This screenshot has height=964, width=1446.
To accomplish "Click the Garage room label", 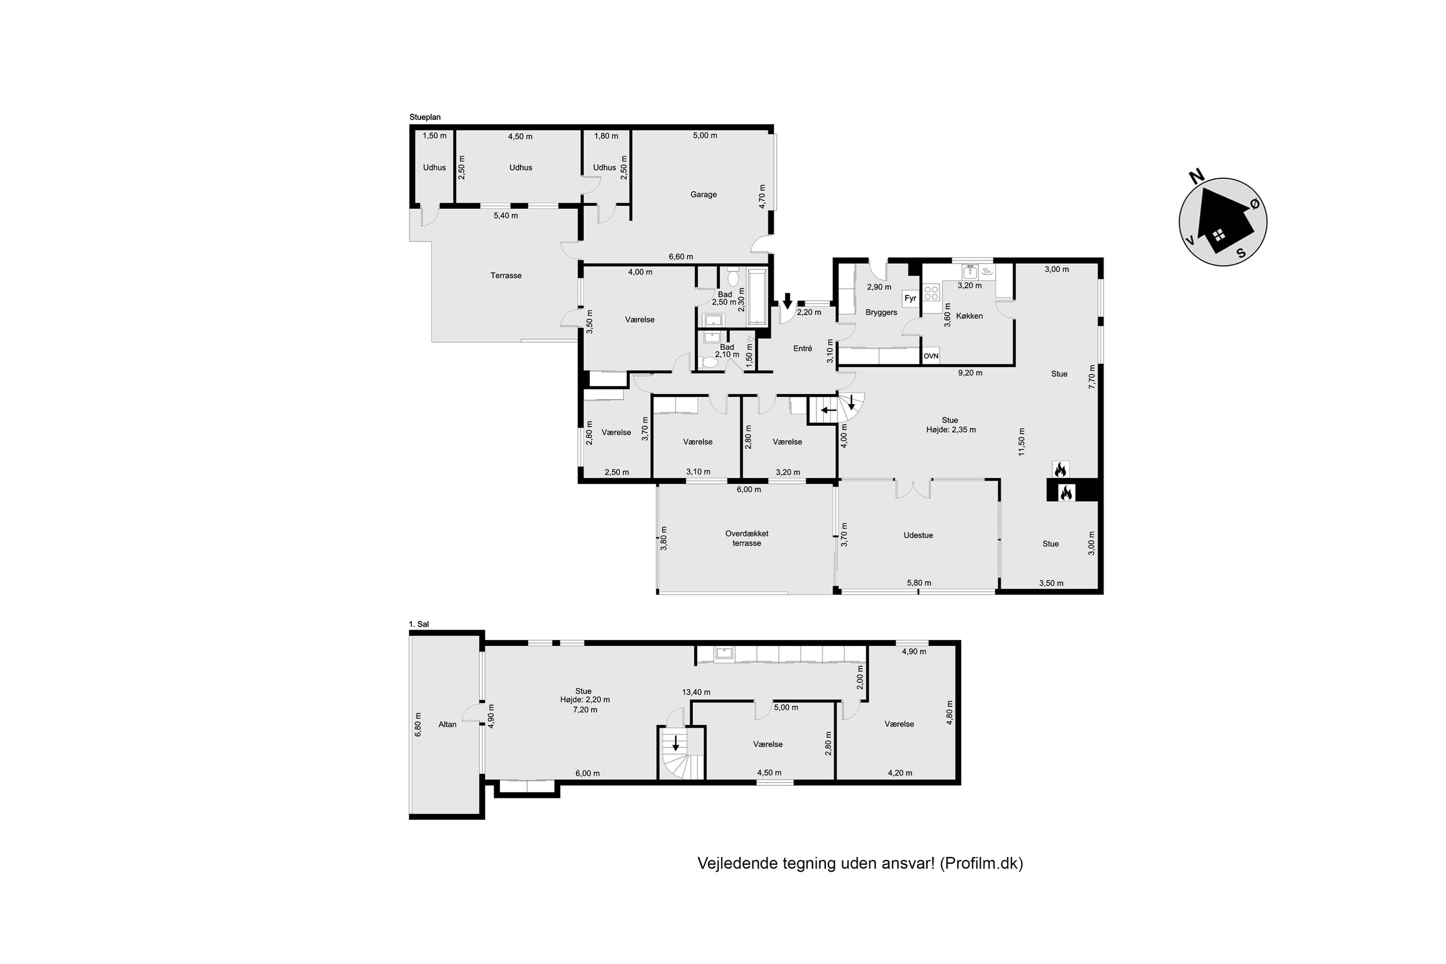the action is (x=703, y=194).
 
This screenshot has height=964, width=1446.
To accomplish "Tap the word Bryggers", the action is (x=881, y=312).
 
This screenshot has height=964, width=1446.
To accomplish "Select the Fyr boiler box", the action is (x=910, y=298).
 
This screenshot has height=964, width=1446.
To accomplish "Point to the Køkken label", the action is (x=969, y=316).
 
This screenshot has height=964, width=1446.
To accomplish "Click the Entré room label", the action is (x=803, y=348).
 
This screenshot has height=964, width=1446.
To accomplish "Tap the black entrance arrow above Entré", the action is (x=787, y=301).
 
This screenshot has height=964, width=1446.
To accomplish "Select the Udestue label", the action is (x=918, y=536).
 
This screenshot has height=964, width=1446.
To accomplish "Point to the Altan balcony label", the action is (x=448, y=724).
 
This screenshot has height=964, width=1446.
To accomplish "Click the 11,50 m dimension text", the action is (x=1022, y=442).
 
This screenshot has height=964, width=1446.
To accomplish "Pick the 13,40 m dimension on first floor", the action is (x=696, y=692).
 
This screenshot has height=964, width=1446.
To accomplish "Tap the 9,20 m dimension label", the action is (x=970, y=373).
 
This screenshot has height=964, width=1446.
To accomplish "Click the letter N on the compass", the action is (x=1196, y=177).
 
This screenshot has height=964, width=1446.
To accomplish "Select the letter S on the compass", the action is (x=1241, y=253).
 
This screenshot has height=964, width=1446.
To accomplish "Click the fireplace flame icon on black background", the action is (x=1066, y=493).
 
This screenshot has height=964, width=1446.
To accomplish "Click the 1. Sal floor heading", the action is (x=419, y=624).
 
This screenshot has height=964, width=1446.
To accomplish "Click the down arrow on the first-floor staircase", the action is (x=676, y=743).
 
